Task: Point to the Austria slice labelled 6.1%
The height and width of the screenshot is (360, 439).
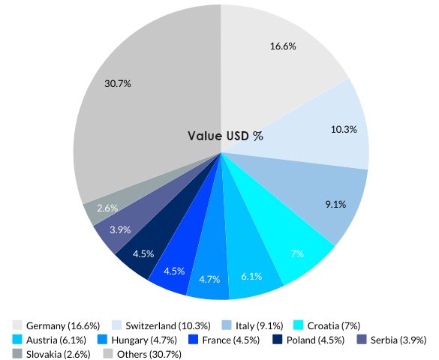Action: point(251,270)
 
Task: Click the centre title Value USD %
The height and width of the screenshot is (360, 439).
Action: point(225,136)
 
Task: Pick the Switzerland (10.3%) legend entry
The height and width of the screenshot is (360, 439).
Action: point(162,325)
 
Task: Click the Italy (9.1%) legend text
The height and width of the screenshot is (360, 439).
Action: point(259,325)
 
